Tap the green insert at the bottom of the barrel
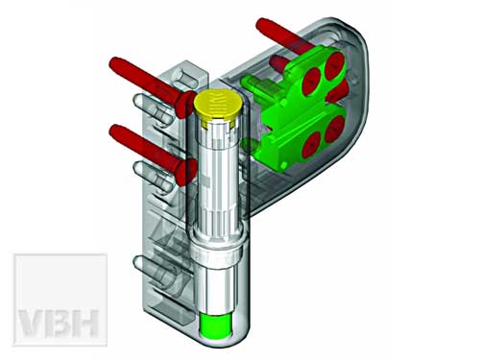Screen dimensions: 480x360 (215, 325)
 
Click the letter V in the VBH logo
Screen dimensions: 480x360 (32, 324)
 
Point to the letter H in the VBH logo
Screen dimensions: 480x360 (84, 324)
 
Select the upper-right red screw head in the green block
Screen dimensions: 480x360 (334, 64)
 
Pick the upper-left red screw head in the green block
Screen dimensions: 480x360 (312, 81)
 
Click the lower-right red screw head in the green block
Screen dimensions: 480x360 (335, 129)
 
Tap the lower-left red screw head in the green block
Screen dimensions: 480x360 (311, 145)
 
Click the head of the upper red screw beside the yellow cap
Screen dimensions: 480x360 (185, 105)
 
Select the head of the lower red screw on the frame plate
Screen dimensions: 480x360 (186, 172)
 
